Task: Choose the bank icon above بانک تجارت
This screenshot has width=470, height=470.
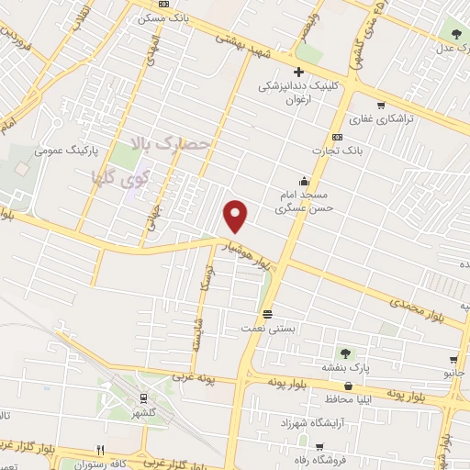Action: click(x=336, y=135)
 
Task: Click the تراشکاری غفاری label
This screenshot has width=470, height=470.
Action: click(x=374, y=119)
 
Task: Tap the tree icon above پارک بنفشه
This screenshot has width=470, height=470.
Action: click(x=345, y=352)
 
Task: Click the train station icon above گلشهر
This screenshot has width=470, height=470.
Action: click(x=143, y=397)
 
